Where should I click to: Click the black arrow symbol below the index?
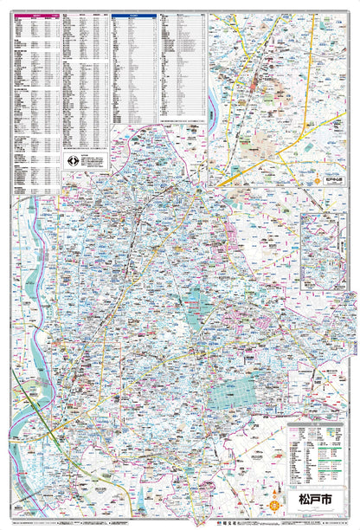coord(73,161)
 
